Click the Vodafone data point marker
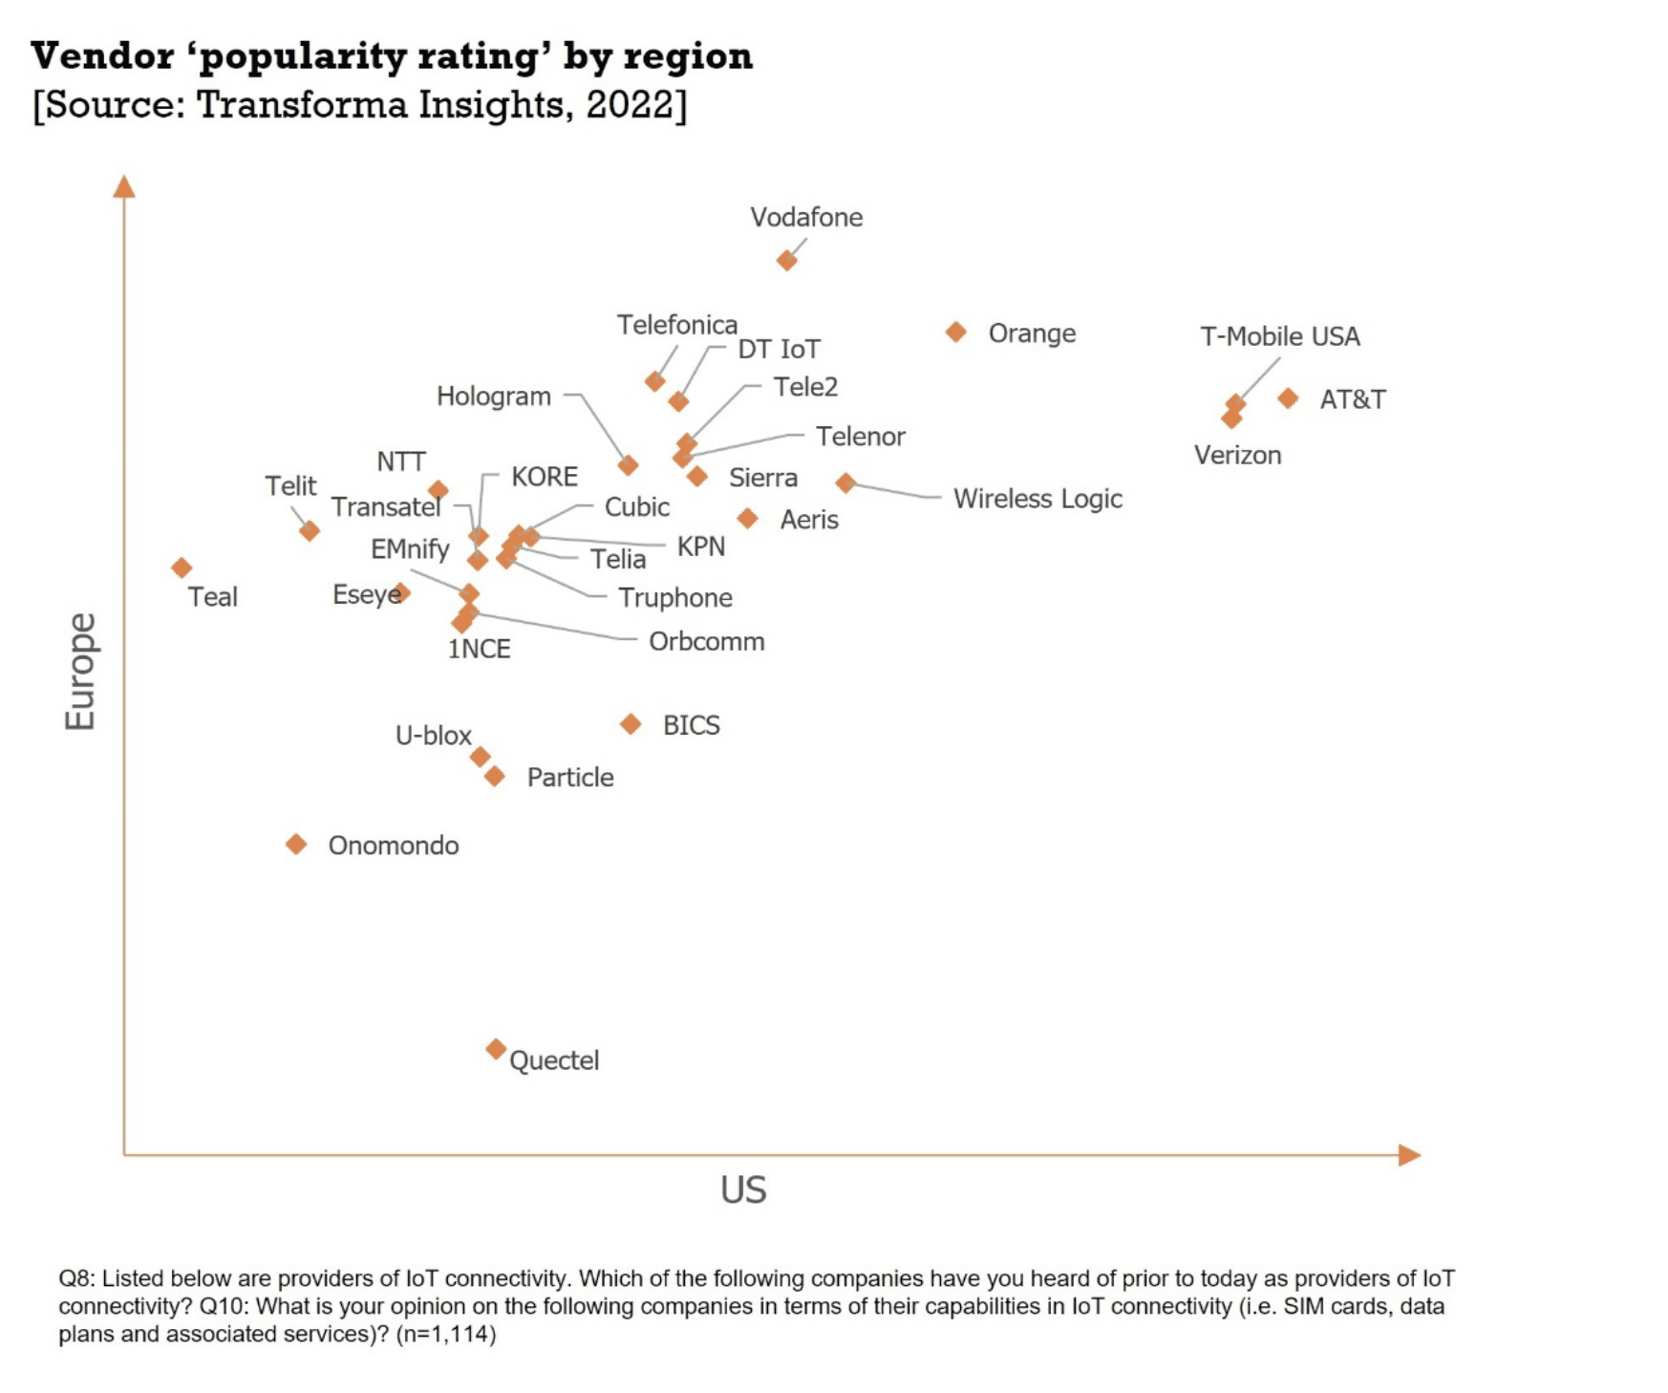click(x=786, y=260)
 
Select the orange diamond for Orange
click(x=955, y=332)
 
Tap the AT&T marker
click(x=1288, y=397)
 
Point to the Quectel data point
click(x=495, y=1049)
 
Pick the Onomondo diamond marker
click(x=296, y=845)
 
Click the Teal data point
click(x=182, y=568)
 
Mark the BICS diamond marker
click(x=631, y=724)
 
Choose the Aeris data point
click(x=747, y=518)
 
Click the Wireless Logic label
click(x=1037, y=499)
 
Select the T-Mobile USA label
click(x=1279, y=336)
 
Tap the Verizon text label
click(x=1237, y=455)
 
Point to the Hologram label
click(x=493, y=396)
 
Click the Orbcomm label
click(x=706, y=641)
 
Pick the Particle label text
click(x=570, y=777)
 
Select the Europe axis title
click(x=80, y=671)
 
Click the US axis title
click(x=743, y=1189)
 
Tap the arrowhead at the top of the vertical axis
click(x=124, y=186)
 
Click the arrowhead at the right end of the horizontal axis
click(x=1409, y=1155)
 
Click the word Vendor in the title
click(x=102, y=56)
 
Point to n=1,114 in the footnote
click(x=446, y=1334)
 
